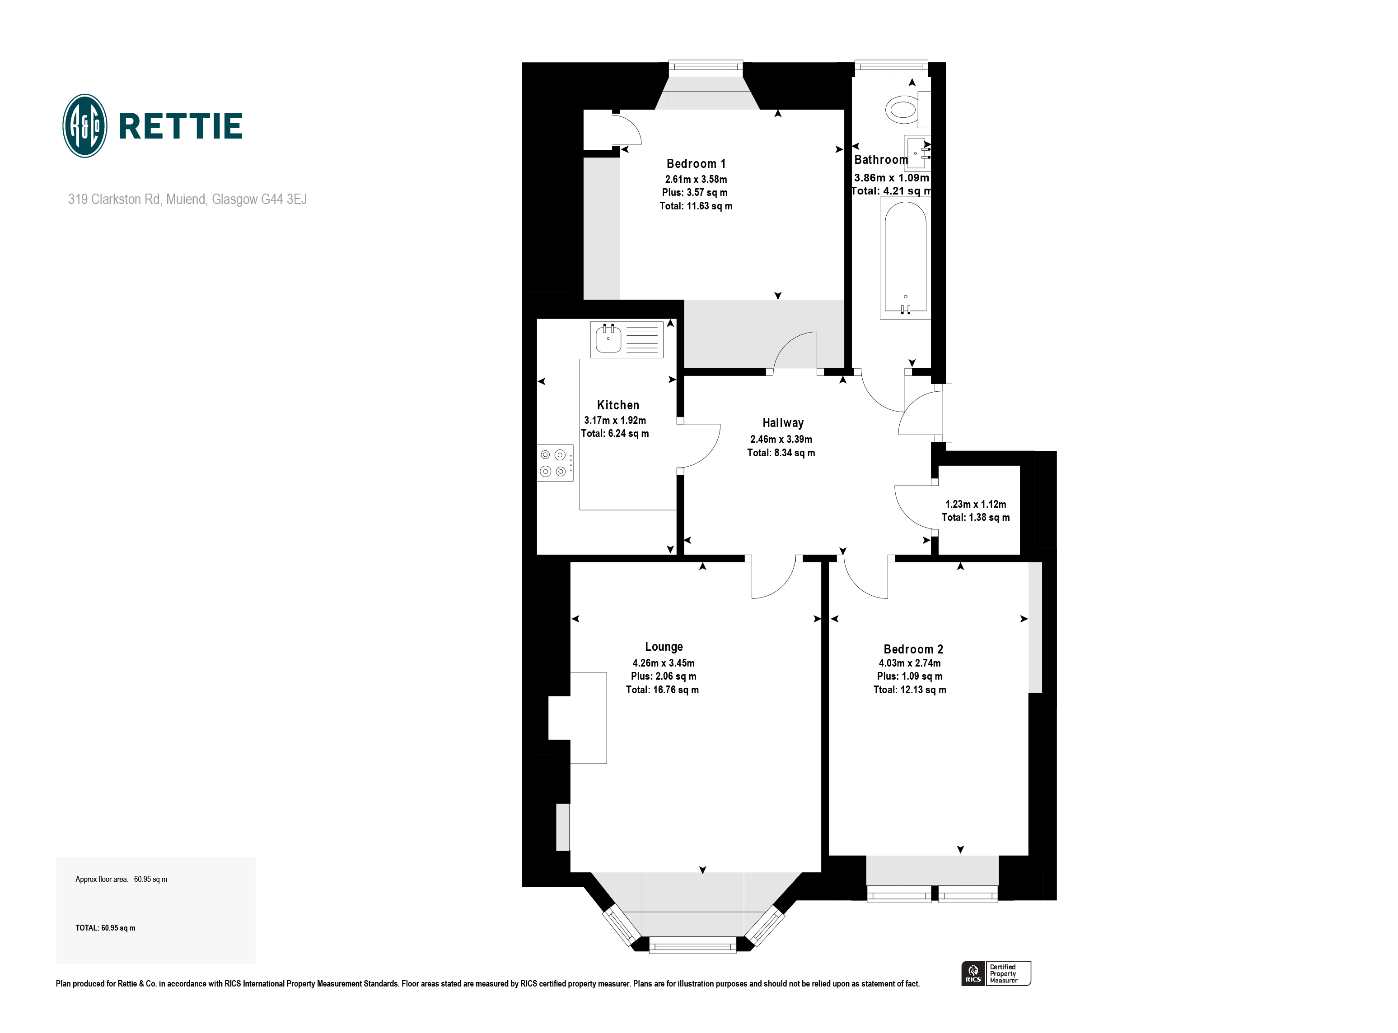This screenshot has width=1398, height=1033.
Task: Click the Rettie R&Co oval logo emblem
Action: point(85,126)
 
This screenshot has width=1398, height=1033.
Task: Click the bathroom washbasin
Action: point(917,153)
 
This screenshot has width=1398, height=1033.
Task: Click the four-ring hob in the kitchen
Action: point(554,463)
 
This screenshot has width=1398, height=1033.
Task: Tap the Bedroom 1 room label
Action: point(696,164)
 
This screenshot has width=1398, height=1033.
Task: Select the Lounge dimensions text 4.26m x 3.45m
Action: point(664,663)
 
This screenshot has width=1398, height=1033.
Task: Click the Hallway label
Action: point(782,423)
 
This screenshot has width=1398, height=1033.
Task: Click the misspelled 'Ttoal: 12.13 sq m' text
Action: point(909,690)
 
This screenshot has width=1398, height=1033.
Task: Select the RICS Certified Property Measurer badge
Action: point(996,973)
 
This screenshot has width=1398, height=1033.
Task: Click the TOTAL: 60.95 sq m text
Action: point(105,928)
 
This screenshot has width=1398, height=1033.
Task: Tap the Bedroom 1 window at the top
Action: point(705,68)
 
